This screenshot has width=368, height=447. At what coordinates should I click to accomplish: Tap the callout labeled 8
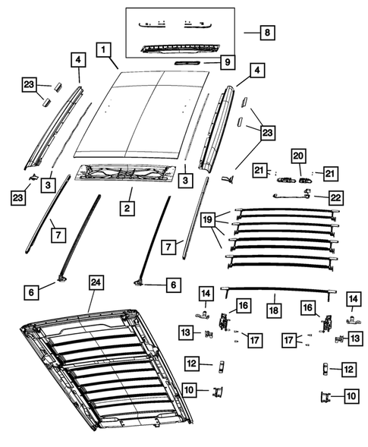point(266,33)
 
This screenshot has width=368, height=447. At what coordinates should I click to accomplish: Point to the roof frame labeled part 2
point(134,175)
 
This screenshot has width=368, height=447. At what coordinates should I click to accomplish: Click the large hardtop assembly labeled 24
point(106,372)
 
